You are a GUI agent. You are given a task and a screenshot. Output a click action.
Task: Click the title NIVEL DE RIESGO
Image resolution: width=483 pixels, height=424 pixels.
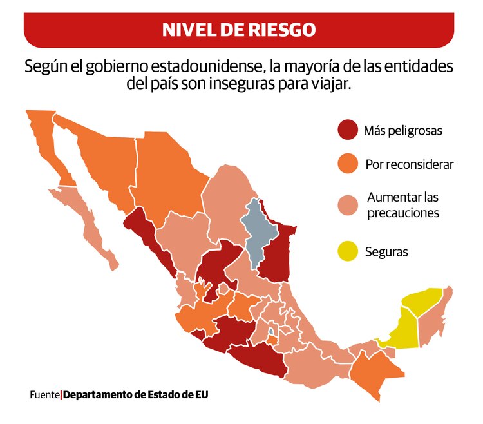[x=238, y=29]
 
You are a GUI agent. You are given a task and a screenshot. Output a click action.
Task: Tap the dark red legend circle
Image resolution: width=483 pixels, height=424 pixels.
[x=348, y=130]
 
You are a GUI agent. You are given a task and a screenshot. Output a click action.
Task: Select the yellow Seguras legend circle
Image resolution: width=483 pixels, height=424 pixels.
[x=348, y=251]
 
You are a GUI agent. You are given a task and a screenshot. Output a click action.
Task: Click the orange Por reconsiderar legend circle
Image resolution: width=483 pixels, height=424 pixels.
[x=348, y=164]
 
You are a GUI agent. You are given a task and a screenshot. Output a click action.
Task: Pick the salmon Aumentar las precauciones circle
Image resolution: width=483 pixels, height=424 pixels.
[x=348, y=205]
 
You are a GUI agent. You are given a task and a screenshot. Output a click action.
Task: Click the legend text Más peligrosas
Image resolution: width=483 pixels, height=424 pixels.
[x=402, y=131]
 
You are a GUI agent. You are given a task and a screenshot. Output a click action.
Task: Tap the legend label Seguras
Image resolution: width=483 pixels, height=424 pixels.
[x=386, y=252]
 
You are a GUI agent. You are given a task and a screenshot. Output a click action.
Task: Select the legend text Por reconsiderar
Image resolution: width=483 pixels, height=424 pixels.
[x=409, y=165]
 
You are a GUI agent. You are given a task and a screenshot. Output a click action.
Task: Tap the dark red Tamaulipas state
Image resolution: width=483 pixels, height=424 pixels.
[x=278, y=255]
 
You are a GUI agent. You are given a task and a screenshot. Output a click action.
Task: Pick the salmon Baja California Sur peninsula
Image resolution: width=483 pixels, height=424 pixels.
[x=90, y=222]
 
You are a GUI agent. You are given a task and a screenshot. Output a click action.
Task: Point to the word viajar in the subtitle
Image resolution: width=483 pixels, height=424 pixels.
[x=332, y=84]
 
